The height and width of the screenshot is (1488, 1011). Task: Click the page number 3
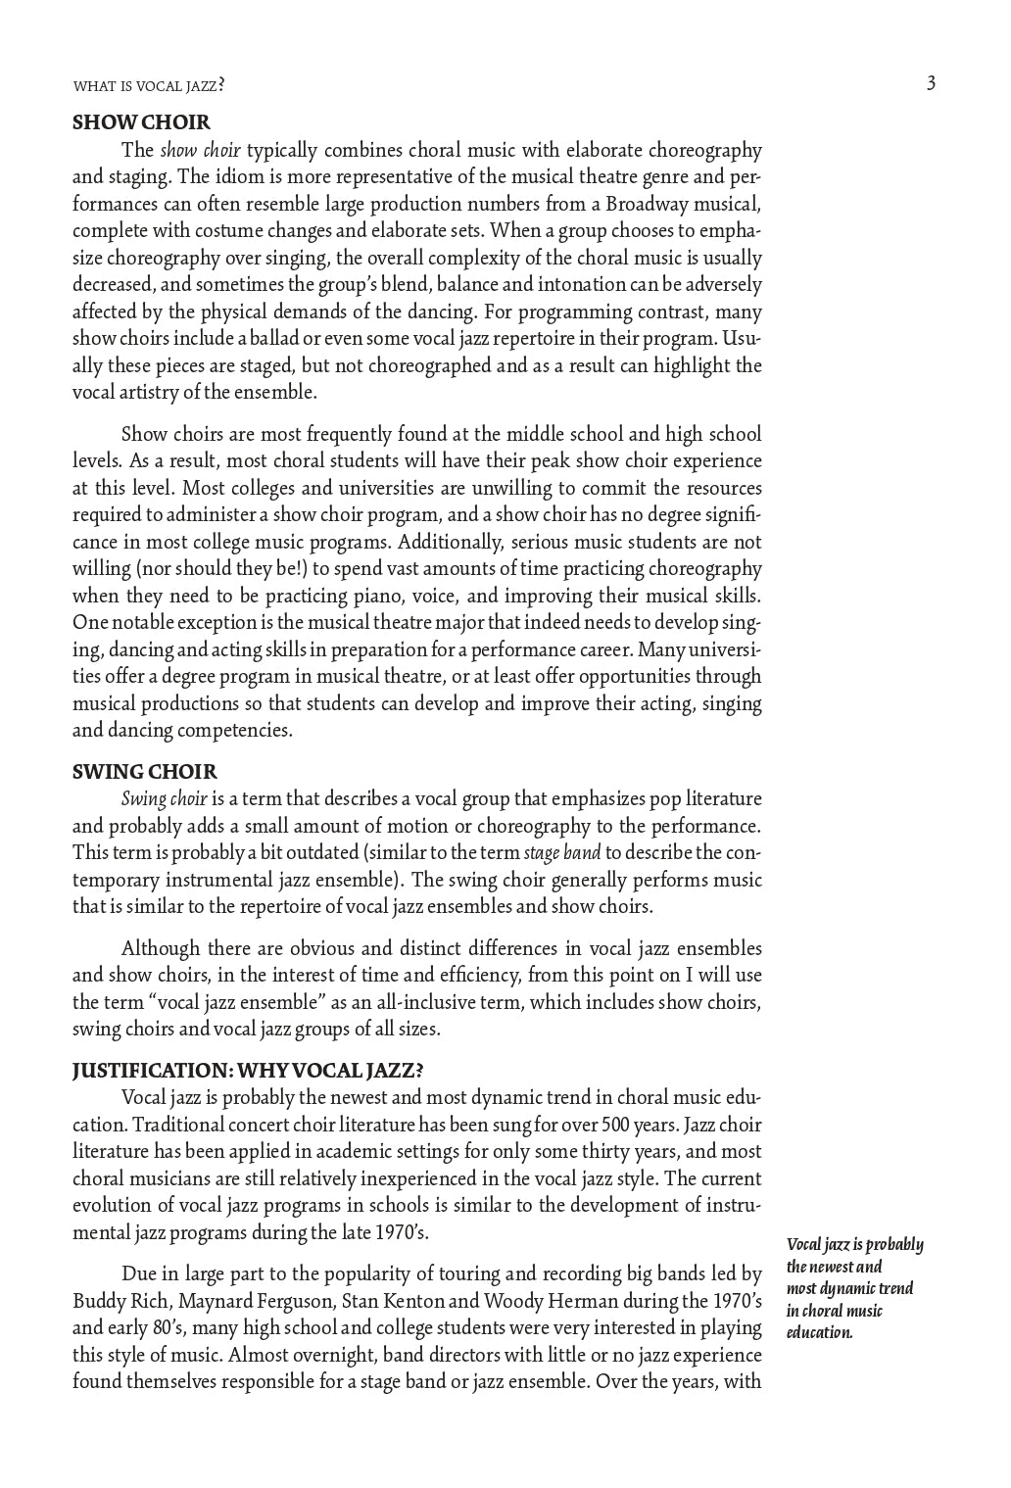[x=931, y=83]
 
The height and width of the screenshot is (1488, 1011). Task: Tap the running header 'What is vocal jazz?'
[x=149, y=86]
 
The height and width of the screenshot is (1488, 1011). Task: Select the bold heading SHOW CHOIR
[x=141, y=122]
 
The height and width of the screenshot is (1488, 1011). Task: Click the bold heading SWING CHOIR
[x=145, y=772]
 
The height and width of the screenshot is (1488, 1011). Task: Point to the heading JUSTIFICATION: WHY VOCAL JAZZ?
[x=248, y=1070]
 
